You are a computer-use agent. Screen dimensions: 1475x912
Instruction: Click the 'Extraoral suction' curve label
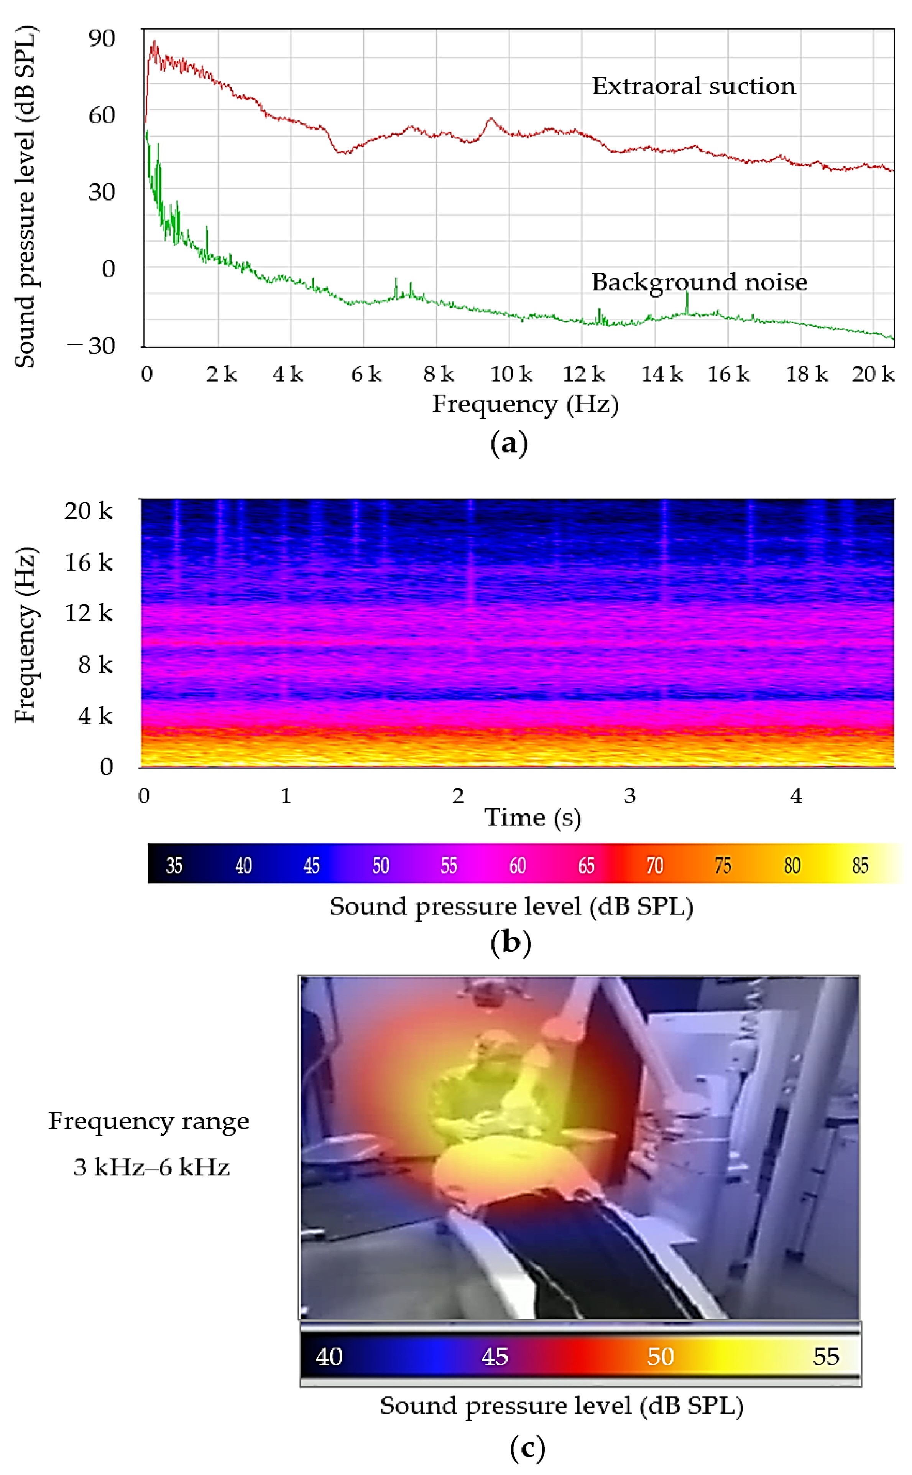point(693,86)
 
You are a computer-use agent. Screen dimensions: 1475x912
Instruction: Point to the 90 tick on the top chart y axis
point(101,39)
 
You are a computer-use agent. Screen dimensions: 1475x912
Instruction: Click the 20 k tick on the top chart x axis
point(872,375)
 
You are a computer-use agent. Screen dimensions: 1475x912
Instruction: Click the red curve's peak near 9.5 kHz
point(490,119)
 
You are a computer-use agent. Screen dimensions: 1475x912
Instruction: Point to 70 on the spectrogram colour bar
point(654,866)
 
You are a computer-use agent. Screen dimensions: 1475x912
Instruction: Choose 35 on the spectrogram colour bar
point(174,866)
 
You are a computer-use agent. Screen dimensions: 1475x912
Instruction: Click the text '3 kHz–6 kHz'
point(151,1167)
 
